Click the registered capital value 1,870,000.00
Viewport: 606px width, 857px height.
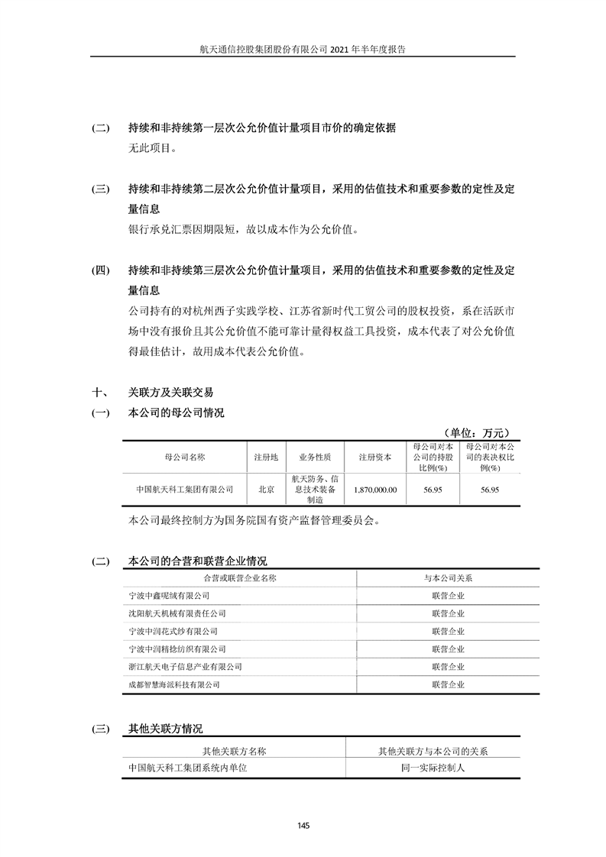click(375, 489)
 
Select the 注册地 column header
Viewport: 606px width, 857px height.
click(265, 458)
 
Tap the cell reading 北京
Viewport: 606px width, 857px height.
click(265, 489)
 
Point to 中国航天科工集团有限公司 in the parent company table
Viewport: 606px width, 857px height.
click(184, 489)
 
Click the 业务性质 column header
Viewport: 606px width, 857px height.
click(314, 458)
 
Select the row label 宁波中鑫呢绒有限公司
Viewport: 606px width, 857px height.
click(169, 595)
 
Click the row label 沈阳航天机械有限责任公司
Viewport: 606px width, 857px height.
click(177, 613)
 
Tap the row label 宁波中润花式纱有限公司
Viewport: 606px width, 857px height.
click(173, 632)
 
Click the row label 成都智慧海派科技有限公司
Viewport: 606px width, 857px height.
click(174, 685)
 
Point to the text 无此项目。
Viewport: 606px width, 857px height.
click(153, 149)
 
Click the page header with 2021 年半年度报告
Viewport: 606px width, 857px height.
click(303, 48)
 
